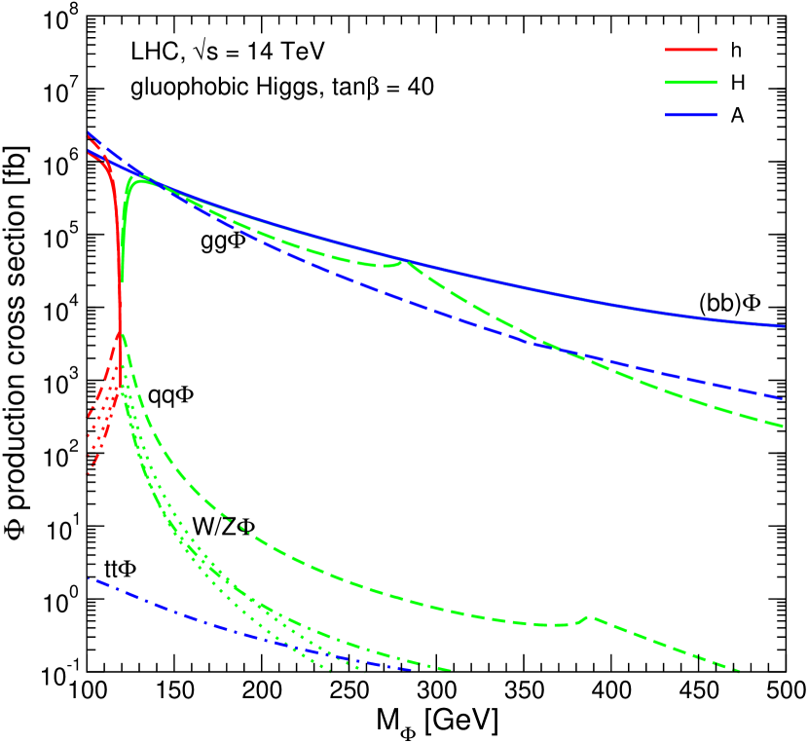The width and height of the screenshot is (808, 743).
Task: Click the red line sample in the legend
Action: (691, 50)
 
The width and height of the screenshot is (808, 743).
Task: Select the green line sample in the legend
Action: (691, 83)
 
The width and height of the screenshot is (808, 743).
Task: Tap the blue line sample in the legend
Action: (691, 115)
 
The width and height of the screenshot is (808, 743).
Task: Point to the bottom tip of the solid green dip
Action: (122, 281)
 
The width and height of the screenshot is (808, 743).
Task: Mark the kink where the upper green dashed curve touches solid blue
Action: (406, 261)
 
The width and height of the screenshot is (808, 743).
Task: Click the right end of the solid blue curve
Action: (784, 326)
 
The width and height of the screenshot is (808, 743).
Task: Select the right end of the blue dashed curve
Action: (783, 398)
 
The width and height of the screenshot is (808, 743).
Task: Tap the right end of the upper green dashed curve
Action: (783, 426)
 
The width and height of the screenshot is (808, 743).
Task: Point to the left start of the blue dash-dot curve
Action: (90, 579)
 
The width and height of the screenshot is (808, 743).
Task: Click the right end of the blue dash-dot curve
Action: (411, 669)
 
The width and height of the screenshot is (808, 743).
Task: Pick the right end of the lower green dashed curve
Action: (740, 671)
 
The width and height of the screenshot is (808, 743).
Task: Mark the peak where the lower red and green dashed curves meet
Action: (120, 333)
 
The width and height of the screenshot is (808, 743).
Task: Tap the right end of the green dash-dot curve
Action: (450, 670)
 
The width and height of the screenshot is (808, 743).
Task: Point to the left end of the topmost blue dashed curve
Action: (89, 132)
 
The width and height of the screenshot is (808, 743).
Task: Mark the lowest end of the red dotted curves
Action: (88, 474)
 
